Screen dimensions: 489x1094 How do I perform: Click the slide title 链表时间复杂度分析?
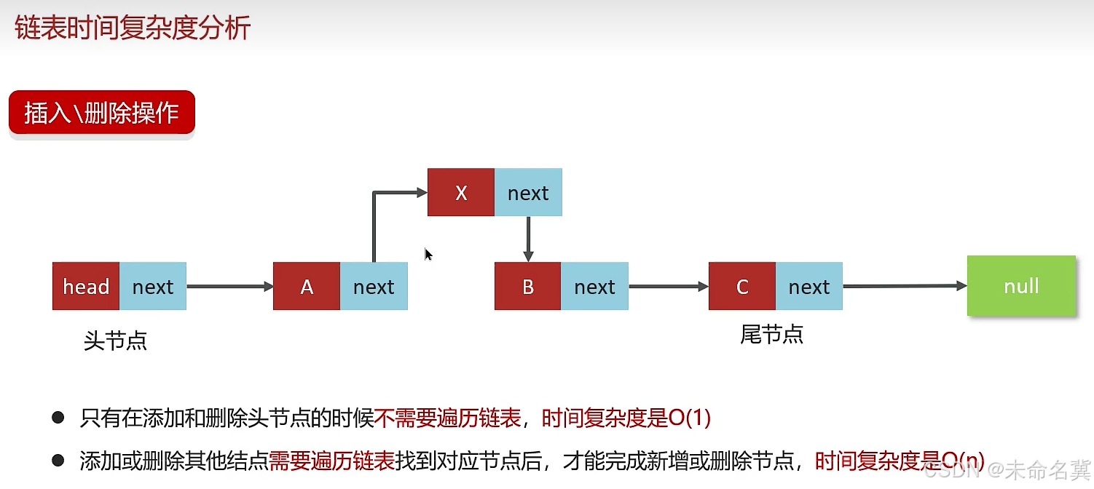(133, 28)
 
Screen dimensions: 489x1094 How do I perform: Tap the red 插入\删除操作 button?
(101, 113)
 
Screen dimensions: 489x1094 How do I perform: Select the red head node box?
(86, 287)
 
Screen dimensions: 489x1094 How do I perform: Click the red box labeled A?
(307, 287)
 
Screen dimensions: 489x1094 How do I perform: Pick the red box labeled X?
(460, 193)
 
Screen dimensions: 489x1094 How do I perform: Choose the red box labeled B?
(528, 287)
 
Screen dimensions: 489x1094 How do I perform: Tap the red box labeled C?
(742, 287)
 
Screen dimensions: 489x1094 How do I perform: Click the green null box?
(1021, 286)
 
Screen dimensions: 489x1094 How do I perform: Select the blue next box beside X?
(528, 193)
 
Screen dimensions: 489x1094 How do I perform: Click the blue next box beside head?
(153, 287)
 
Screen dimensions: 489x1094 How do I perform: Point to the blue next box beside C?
(809, 287)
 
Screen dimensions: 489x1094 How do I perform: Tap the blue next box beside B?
(595, 287)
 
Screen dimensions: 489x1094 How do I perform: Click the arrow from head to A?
(229, 287)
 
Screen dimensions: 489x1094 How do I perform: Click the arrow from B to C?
(668, 287)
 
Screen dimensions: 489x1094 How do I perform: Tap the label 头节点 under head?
(115, 341)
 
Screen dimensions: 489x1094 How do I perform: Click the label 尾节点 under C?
(771, 335)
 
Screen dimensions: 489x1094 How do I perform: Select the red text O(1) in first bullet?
(689, 418)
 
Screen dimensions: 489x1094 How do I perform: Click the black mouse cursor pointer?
(428, 255)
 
